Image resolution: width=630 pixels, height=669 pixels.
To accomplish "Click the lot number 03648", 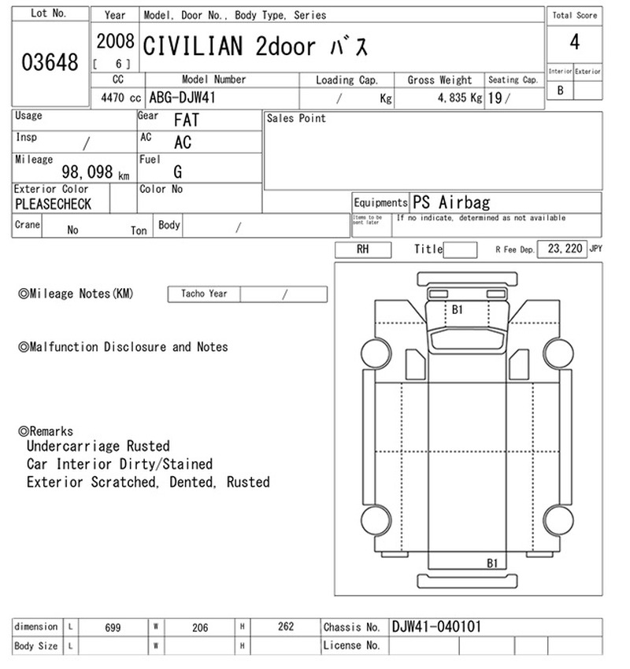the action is click(50, 62).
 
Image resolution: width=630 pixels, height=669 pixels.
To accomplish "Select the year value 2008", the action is click(115, 42).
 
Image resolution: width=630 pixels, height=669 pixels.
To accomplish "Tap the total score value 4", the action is click(575, 43).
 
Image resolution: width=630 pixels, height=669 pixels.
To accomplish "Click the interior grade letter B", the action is click(560, 91).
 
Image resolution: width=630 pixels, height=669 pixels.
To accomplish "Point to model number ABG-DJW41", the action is click(182, 98).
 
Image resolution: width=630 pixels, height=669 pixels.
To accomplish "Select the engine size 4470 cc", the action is click(120, 98).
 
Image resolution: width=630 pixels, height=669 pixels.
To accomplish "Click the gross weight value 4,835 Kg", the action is click(460, 98).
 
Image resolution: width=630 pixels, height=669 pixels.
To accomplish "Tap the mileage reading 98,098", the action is click(87, 172).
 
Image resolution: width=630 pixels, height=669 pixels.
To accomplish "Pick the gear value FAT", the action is click(187, 120).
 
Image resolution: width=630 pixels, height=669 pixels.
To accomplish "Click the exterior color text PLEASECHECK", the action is click(54, 204).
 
